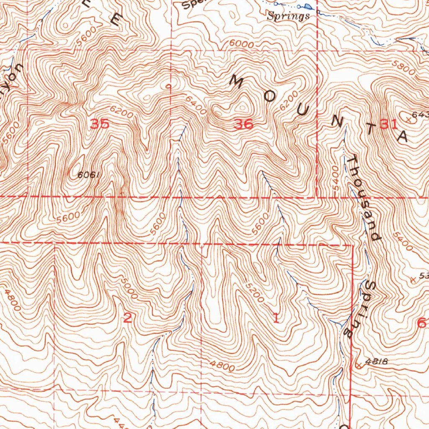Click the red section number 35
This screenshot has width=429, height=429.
(x=100, y=124)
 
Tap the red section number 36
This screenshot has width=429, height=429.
(x=244, y=124)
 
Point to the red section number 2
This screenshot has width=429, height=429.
(x=127, y=318)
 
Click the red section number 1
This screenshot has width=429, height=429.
(x=276, y=318)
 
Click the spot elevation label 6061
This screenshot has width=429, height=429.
(x=88, y=175)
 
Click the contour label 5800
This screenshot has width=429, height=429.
(x=404, y=67)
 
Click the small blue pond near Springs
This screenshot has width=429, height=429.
(x=308, y=6)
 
